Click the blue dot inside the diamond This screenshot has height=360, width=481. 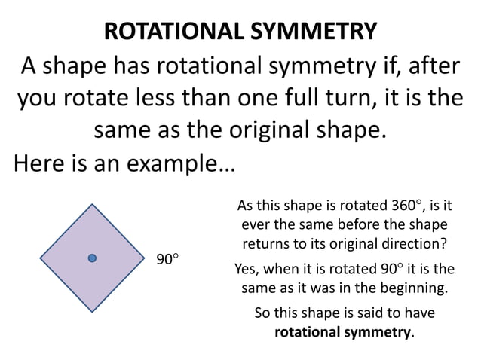tap(92, 258)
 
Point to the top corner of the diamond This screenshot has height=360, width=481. tap(92, 204)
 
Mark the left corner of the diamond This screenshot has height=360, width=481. tap(39, 258)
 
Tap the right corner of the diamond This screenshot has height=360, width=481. tap(145, 258)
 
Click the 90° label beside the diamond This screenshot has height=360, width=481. tap(167, 259)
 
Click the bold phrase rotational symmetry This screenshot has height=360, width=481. tap(343, 331)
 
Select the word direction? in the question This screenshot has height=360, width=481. tap(411, 245)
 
